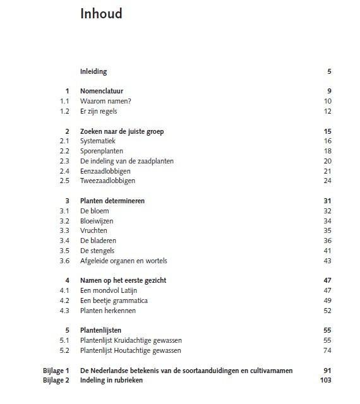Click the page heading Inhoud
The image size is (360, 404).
coord(101,14)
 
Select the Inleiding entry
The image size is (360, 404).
coord(93,71)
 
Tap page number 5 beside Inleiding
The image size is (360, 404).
coord(329,71)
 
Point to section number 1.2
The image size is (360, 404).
coord(64,111)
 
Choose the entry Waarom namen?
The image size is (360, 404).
coord(105,101)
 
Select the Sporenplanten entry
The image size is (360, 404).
coord(102,151)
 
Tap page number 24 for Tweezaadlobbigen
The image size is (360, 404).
coord(327,181)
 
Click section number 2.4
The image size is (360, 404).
coord(64,171)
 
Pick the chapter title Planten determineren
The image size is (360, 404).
coord(112,201)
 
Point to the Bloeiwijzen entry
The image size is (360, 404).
coord(99,221)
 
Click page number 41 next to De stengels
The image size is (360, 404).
coord(327,251)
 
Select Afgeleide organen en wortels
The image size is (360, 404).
coord(123,261)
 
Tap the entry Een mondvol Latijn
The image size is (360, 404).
coord(109,290)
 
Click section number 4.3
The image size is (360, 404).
coord(64,311)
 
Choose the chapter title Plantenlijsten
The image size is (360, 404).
coord(101,330)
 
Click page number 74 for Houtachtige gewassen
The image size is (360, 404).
coord(327,350)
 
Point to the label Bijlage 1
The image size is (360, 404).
coord(56,371)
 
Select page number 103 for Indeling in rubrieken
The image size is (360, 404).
coord(325,380)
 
